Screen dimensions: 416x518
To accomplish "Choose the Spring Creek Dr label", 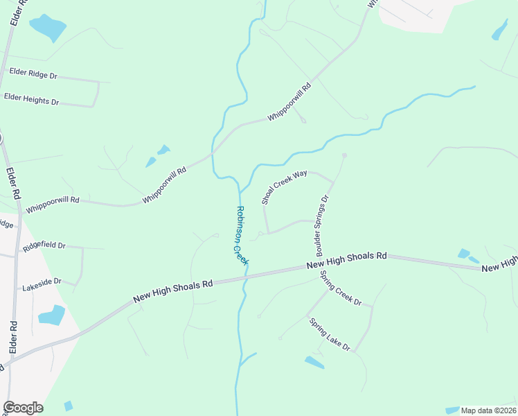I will click(341, 288).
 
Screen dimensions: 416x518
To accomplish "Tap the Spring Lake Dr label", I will click(330, 334).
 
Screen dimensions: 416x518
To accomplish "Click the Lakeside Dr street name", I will click(42, 284).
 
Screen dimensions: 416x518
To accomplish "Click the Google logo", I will click(23, 408).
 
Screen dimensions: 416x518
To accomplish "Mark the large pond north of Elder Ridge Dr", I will click(48, 27).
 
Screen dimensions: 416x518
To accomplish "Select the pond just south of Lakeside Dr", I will click(51, 315).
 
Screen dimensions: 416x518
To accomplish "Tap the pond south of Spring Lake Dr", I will click(314, 362).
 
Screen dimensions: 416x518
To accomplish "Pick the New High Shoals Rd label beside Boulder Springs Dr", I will click(346, 261).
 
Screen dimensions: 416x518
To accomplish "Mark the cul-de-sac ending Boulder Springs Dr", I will click(344, 155).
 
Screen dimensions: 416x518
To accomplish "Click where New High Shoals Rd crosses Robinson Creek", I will click(244, 275).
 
